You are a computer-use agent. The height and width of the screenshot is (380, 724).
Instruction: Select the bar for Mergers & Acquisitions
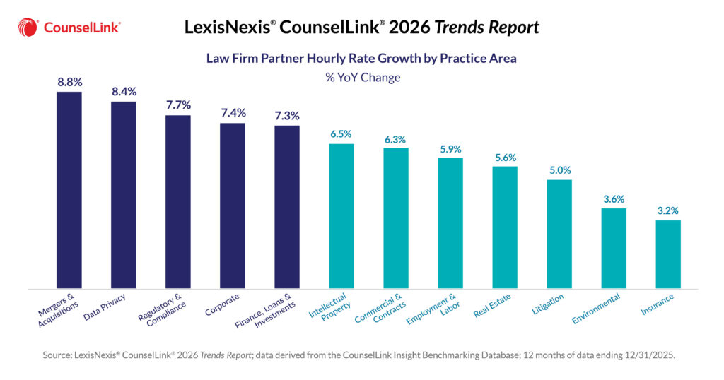coord(69,190)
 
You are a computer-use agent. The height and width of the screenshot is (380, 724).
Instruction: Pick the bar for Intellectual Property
coord(341,216)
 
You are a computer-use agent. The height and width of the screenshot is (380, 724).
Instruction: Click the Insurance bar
coord(668,254)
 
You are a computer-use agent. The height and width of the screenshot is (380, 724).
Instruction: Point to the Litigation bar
coord(559,234)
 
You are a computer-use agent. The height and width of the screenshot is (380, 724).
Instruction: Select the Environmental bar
coord(614,248)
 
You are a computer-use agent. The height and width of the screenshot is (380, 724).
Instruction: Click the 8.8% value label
coord(69,81)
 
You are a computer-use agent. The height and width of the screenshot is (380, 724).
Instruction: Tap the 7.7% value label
coord(178,105)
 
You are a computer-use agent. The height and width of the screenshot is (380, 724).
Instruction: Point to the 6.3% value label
coord(396,138)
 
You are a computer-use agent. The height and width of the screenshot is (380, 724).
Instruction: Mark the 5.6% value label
coord(505,158)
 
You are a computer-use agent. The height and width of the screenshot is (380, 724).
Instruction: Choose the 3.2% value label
coord(668,210)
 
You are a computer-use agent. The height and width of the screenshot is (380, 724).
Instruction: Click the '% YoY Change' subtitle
coord(362,77)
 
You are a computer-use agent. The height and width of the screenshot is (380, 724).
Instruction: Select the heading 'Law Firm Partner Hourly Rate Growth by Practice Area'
coord(361,58)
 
